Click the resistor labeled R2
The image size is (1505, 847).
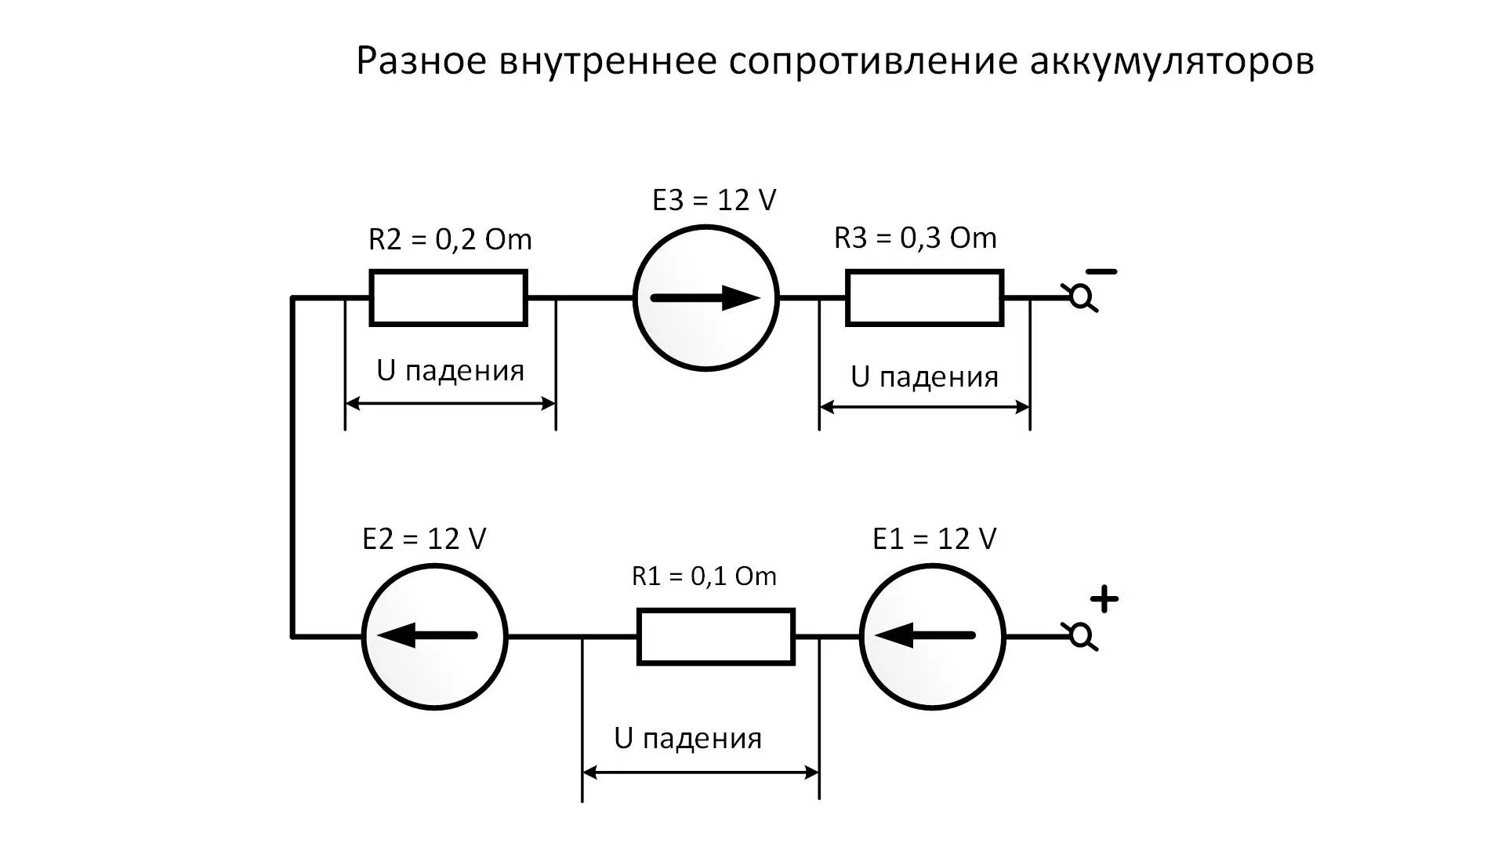point(448,298)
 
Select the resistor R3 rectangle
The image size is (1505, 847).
point(924,298)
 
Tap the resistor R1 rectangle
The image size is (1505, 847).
point(716,637)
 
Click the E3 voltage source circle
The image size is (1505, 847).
point(705,298)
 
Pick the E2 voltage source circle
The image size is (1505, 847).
point(434,637)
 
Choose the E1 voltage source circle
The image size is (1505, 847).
point(932,637)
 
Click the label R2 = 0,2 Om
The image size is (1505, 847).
point(450,239)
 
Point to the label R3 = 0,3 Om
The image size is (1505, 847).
point(915,238)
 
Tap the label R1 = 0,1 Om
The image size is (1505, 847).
point(704,576)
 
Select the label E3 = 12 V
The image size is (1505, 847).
point(714,200)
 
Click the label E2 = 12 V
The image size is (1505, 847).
point(424,539)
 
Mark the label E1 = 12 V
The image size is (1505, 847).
point(934,539)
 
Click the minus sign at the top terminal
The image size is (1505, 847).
point(1101,272)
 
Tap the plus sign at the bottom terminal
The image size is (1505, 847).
point(1104,599)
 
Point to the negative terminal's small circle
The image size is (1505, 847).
point(1083,297)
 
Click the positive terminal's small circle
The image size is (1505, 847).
point(1083,636)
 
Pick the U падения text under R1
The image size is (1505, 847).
point(688,738)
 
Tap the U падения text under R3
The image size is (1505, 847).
point(925,377)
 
